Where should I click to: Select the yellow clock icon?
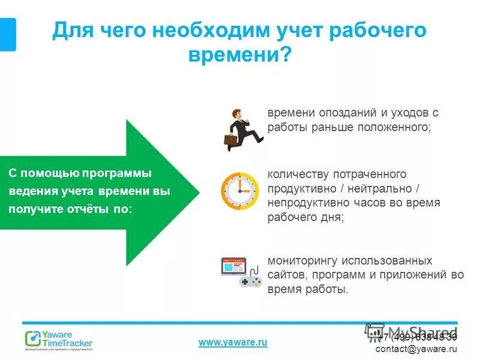[239, 191]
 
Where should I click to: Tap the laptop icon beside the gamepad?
[234, 268]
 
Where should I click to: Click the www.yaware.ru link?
[232, 342]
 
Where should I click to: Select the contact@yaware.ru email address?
[416, 349]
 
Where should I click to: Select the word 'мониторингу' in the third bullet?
[303, 261]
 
